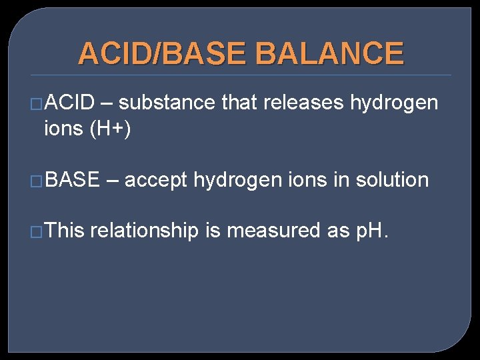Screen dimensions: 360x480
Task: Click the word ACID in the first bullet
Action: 71,103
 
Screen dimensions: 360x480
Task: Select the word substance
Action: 167,103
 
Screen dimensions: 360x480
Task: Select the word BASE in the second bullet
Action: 73,180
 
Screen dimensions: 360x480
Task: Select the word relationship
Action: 144,231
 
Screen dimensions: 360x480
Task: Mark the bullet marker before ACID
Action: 37,104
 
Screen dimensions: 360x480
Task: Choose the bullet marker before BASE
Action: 37,181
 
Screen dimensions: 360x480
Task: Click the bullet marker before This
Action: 37,232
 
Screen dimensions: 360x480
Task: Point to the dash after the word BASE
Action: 112,180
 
